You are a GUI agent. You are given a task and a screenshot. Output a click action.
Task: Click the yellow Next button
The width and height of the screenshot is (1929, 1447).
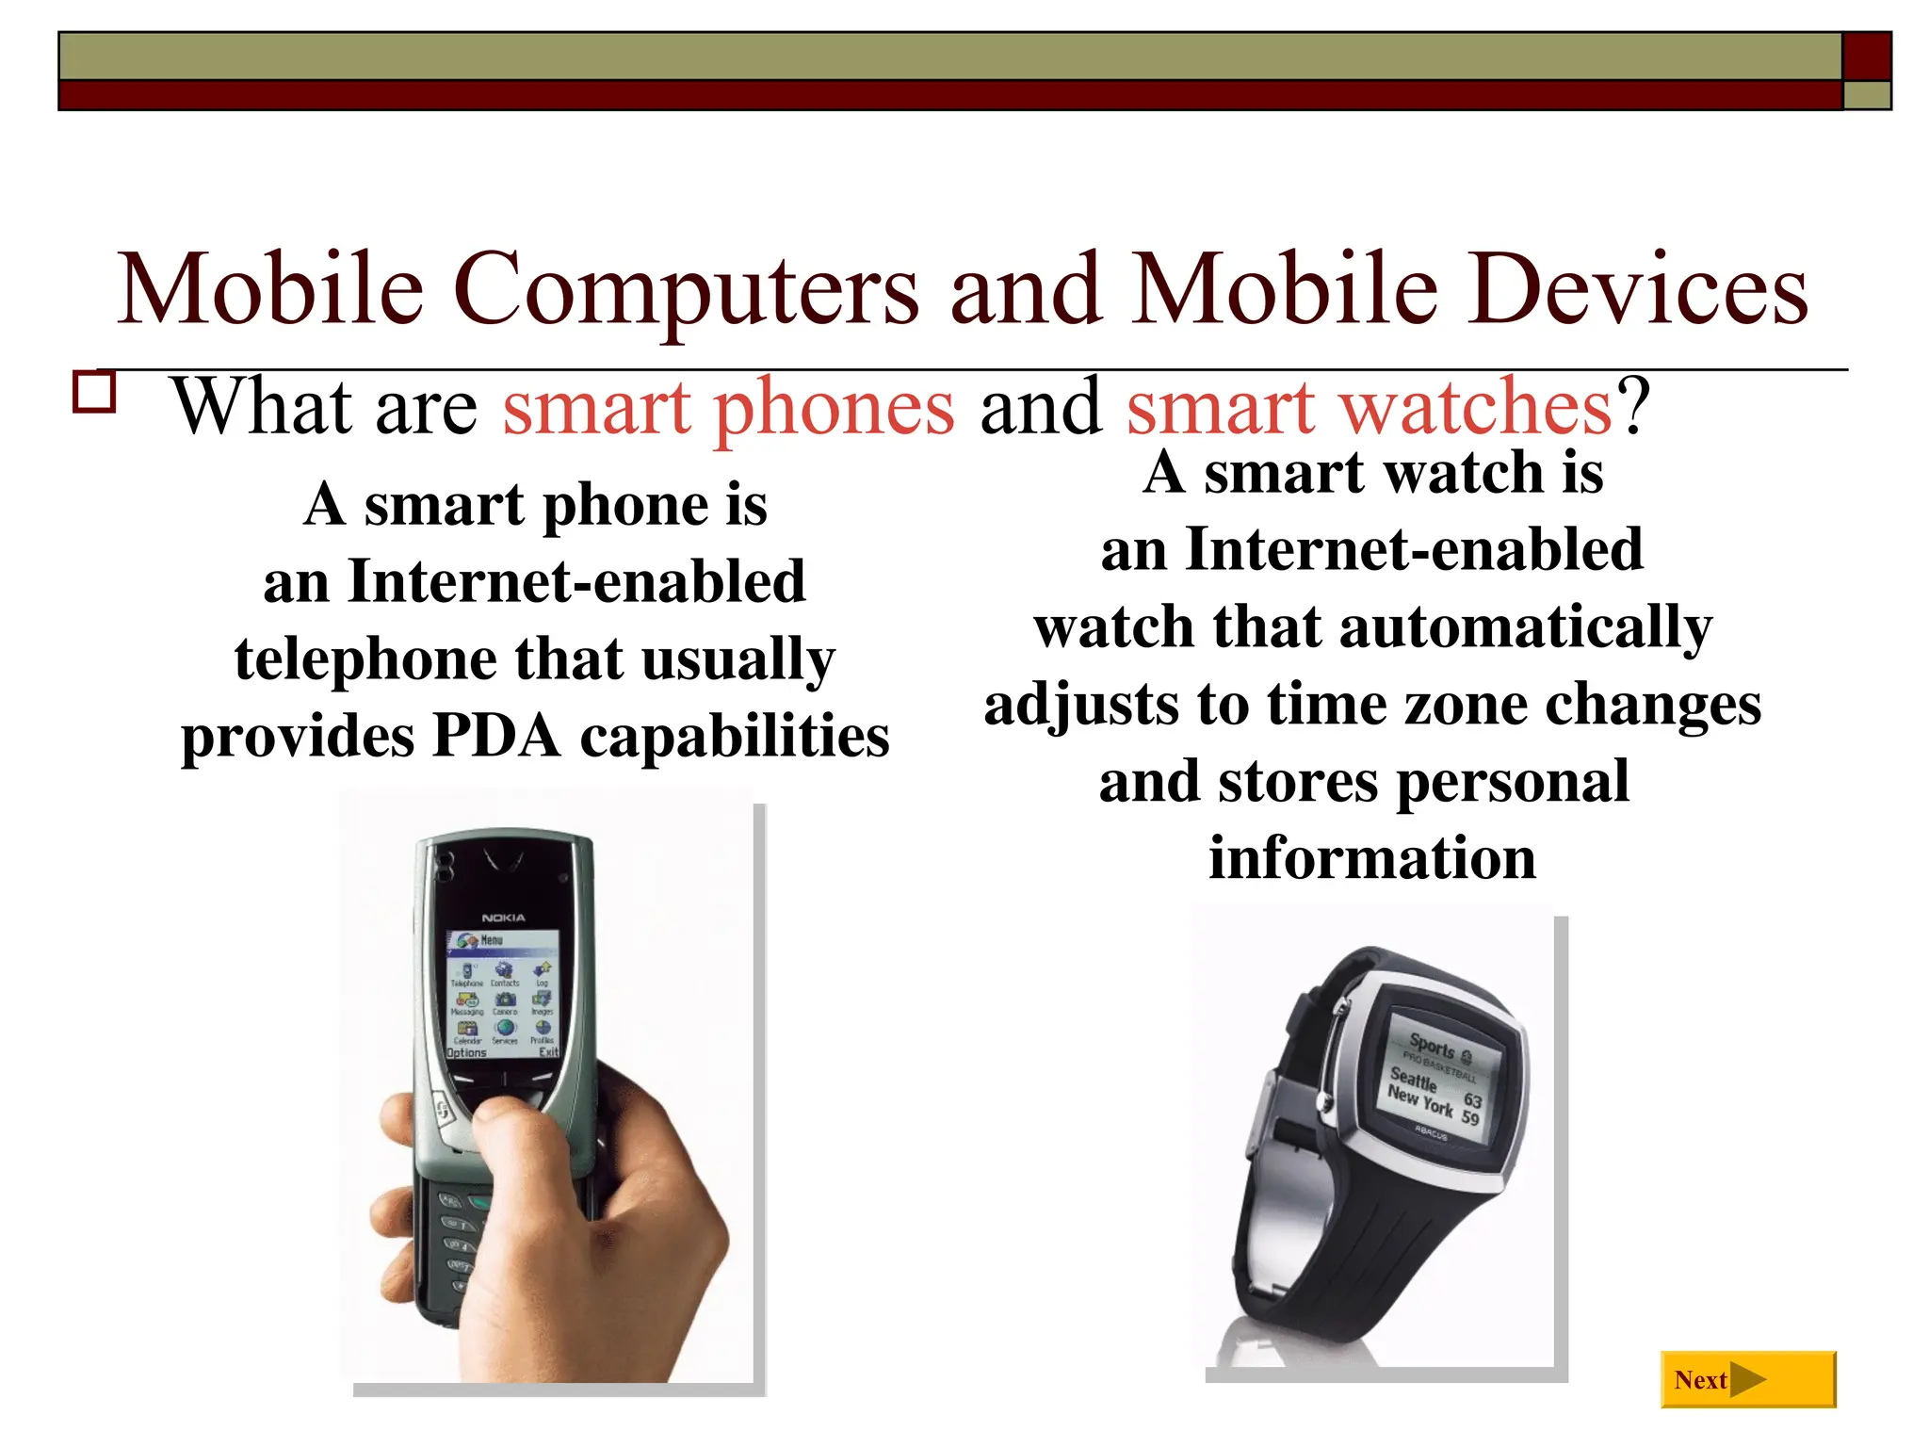point(1747,1379)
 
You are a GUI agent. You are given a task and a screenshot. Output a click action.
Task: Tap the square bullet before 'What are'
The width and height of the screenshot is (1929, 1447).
point(94,392)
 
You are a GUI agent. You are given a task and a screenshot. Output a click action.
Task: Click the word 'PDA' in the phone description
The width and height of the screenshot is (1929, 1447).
point(495,736)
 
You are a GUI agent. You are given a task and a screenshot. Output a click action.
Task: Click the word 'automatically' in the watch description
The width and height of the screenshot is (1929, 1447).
point(1525,627)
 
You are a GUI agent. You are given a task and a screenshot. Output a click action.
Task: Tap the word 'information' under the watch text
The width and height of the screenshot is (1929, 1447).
point(1372,858)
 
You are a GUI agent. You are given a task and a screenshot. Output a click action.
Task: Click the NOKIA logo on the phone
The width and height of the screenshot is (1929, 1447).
point(503,918)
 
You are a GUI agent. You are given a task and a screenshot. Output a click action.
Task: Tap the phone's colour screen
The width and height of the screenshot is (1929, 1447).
point(503,994)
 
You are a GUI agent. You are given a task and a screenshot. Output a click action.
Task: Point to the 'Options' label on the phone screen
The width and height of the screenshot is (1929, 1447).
point(467,1052)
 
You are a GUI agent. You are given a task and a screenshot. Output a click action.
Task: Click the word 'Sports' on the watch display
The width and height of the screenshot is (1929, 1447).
point(1433,1046)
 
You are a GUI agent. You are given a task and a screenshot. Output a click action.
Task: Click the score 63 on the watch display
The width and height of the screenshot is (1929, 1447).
point(1473,1099)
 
